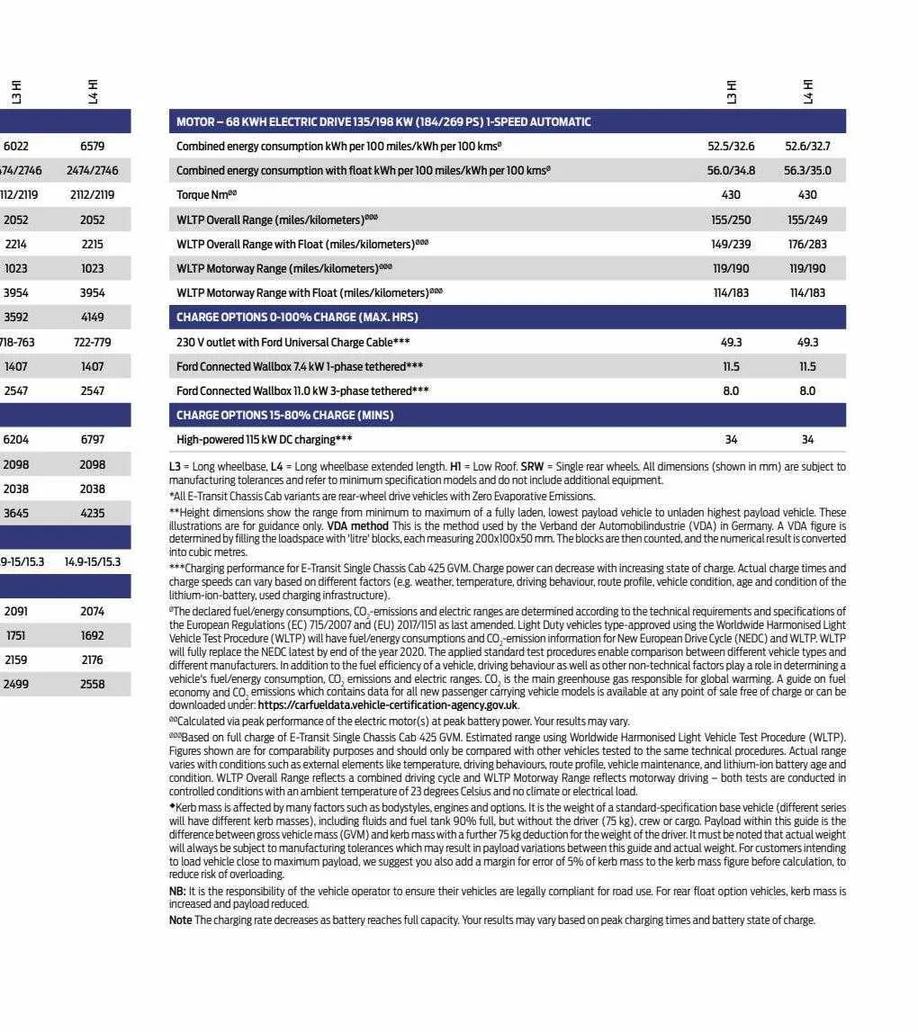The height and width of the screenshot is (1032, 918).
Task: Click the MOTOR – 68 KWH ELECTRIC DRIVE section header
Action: pos(383,121)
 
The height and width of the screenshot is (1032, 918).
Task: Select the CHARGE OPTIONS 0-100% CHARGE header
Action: pos(297,318)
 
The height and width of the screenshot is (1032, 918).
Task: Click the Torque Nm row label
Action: pos(206,195)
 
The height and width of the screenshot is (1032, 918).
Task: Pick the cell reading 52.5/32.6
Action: pos(731,146)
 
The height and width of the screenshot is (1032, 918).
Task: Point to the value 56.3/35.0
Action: pos(807,170)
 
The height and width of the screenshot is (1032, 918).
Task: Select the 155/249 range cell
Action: pos(807,220)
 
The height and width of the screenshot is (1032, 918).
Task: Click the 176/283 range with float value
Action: pos(807,244)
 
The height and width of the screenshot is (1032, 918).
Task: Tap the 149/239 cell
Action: pos(731,244)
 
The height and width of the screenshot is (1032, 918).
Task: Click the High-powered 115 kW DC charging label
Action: pos(264,440)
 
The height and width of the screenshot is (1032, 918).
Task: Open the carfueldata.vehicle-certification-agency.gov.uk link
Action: pos(388,706)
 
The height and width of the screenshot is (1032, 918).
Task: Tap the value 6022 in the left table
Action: pos(16,146)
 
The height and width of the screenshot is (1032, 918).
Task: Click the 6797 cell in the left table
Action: pos(92,440)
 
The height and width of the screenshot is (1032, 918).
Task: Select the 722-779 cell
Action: pos(92,342)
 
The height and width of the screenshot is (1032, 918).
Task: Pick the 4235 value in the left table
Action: pos(92,514)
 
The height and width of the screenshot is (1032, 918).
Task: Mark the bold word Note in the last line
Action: pos(180,920)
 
